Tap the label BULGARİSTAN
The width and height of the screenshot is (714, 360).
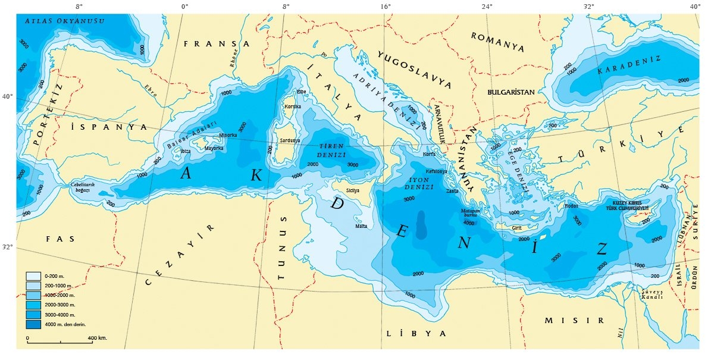point(511,92)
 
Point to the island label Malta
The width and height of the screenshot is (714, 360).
point(361,227)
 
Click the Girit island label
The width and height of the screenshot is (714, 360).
point(517,227)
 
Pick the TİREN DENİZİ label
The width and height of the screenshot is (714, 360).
point(333,150)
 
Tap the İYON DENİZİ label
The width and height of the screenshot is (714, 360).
point(417,183)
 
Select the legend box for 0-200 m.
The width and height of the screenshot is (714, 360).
point(33,276)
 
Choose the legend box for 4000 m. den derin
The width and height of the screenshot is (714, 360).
point(33,324)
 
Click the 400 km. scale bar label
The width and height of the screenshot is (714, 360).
point(97,338)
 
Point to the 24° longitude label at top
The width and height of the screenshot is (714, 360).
point(487,7)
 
